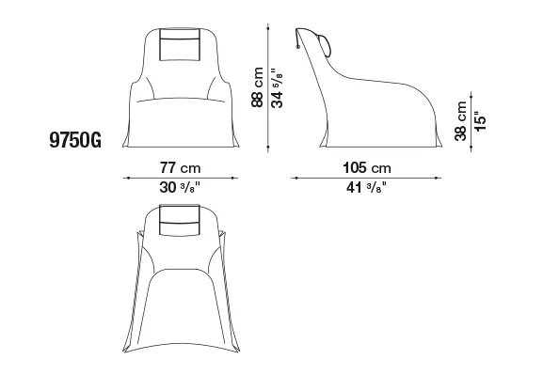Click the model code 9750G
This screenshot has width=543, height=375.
[x=75, y=140]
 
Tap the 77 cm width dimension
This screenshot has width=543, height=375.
[x=180, y=168]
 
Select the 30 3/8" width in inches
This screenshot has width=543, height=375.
[x=180, y=188]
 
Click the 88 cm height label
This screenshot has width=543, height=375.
[x=258, y=87]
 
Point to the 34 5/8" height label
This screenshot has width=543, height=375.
[x=277, y=87]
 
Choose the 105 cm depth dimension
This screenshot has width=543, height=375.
[x=367, y=168]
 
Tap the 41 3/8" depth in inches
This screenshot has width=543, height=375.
[x=366, y=188]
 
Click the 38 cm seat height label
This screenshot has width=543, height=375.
[x=460, y=121]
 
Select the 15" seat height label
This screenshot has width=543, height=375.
[x=480, y=121]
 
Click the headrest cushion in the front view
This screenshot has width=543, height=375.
[x=180, y=44]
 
